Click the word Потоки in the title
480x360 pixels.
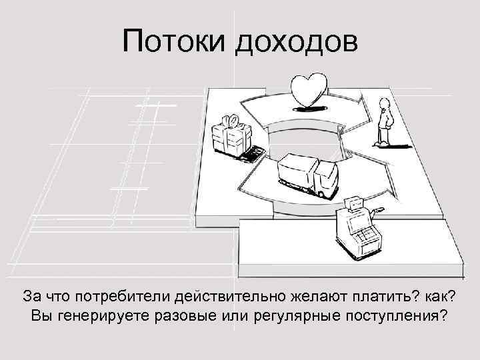pyautogui.click(x=175, y=43)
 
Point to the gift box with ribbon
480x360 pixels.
pyautogui.click(x=229, y=136)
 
